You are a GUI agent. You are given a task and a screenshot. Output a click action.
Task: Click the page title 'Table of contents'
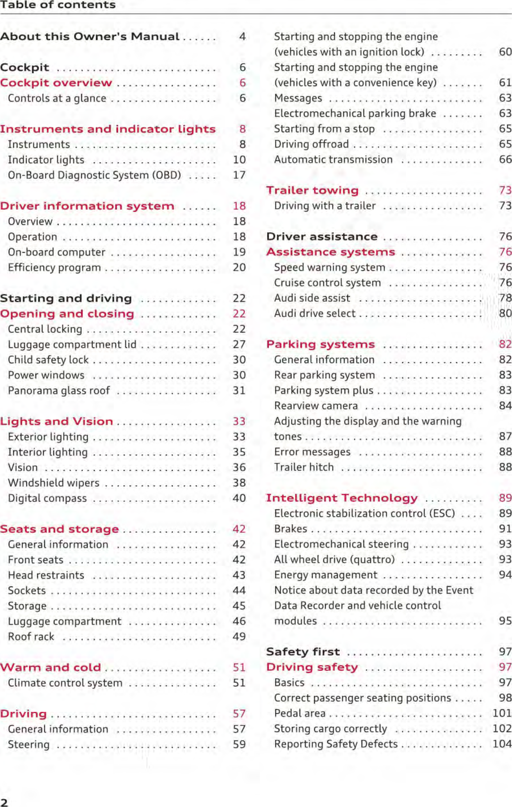58,5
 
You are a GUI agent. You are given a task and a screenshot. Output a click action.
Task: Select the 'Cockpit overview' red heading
56,83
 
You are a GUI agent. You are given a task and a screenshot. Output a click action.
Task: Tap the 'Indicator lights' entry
46,160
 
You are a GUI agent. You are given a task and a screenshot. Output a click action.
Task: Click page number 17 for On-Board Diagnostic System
239,175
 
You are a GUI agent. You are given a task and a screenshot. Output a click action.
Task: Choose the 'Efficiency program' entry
54,268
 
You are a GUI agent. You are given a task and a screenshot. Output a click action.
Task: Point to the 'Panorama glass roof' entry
59,391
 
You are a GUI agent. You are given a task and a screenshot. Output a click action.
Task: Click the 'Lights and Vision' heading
57,421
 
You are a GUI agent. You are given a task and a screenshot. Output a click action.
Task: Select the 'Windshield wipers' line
54,483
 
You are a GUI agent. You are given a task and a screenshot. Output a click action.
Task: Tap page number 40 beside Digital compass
239,498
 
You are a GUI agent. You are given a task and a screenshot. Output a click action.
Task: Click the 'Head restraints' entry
46,575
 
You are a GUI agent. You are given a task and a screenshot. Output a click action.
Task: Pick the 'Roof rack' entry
31,636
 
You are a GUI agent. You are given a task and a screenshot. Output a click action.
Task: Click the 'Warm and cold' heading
50,668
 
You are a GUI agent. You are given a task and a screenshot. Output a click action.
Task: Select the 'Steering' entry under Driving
28,744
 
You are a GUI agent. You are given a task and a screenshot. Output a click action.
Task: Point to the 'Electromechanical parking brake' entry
355,114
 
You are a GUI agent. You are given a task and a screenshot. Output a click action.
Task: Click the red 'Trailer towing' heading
312,190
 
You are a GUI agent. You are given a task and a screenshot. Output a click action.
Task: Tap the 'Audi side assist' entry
312,298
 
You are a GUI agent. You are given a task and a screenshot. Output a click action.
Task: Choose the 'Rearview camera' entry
316,406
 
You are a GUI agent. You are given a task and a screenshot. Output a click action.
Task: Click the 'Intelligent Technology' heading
342,498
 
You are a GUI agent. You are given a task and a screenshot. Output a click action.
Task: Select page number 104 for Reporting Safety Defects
502,744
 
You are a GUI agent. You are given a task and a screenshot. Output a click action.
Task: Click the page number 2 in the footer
4,802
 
